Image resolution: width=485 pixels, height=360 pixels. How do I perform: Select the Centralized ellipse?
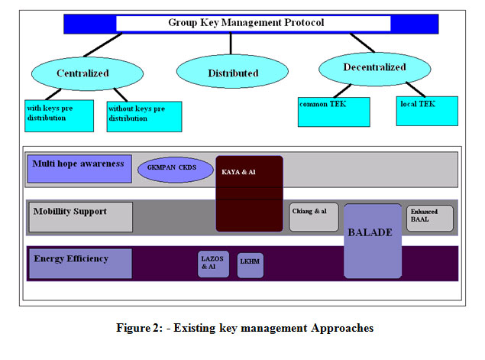click(x=82, y=73)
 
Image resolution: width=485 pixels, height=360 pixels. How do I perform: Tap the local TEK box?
click(x=426, y=111)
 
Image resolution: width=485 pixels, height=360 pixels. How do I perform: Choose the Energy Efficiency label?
click(x=79, y=262)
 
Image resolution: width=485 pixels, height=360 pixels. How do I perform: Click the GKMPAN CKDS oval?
click(x=174, y=168)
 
